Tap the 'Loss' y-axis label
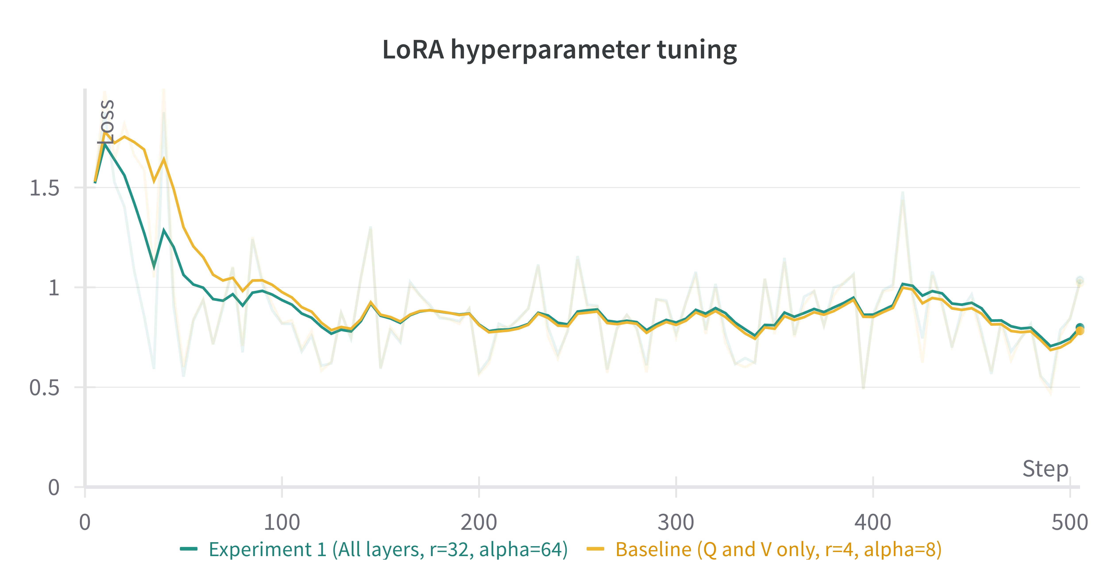[106, 122]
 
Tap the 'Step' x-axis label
[1045, 469]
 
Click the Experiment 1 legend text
[388, 549]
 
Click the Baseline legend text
[778, 549]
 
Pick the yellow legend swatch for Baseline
[595, 549]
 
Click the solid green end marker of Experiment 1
[1079, 327]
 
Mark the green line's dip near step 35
[154, 266]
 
